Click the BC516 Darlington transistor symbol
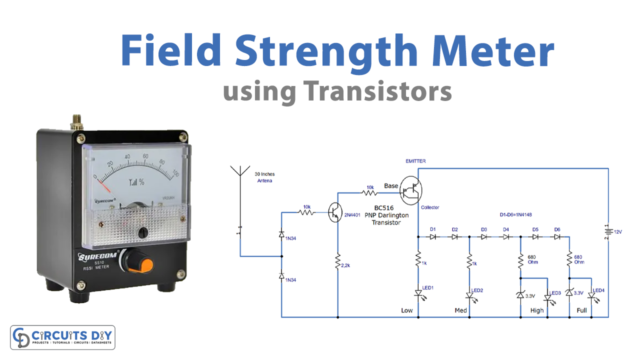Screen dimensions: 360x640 tap(416, 189)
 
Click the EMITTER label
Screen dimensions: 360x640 tap(417, 160)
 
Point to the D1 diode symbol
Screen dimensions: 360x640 tap(434, 239)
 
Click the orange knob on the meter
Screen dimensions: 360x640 tap(147, 264)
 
